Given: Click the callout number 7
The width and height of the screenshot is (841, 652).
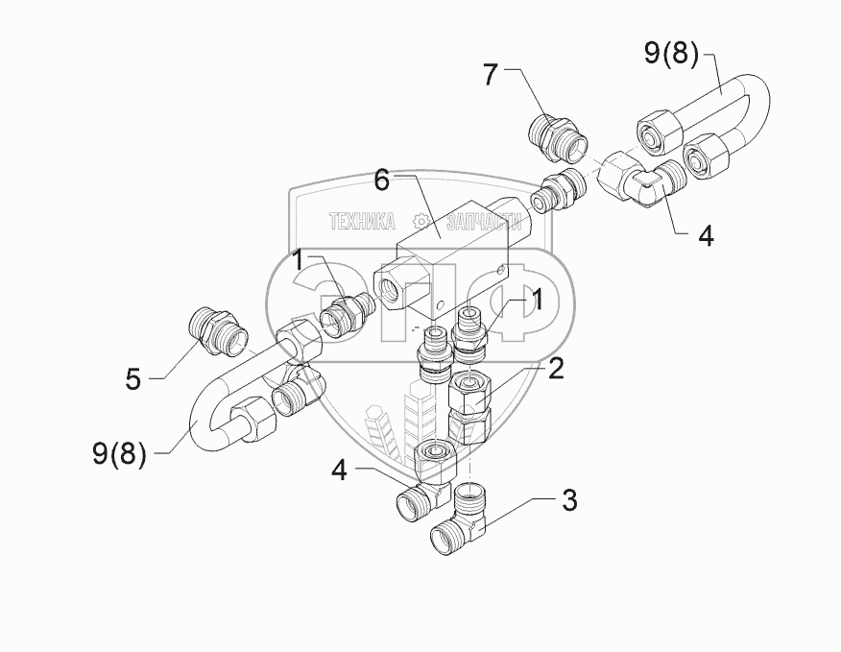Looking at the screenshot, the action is pos(491,75).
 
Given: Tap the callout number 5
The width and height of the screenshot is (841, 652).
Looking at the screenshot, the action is pos(133,380).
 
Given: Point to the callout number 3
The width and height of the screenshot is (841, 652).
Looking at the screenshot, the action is pos(569,500).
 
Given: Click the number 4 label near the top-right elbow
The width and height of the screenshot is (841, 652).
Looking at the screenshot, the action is pos(706,235).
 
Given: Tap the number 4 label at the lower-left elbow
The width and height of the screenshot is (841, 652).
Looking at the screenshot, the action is pos(339,471).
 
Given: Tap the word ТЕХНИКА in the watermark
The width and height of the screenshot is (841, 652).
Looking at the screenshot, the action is pos(362,222).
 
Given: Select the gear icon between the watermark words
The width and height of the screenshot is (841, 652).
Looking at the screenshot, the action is pos(420,222).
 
